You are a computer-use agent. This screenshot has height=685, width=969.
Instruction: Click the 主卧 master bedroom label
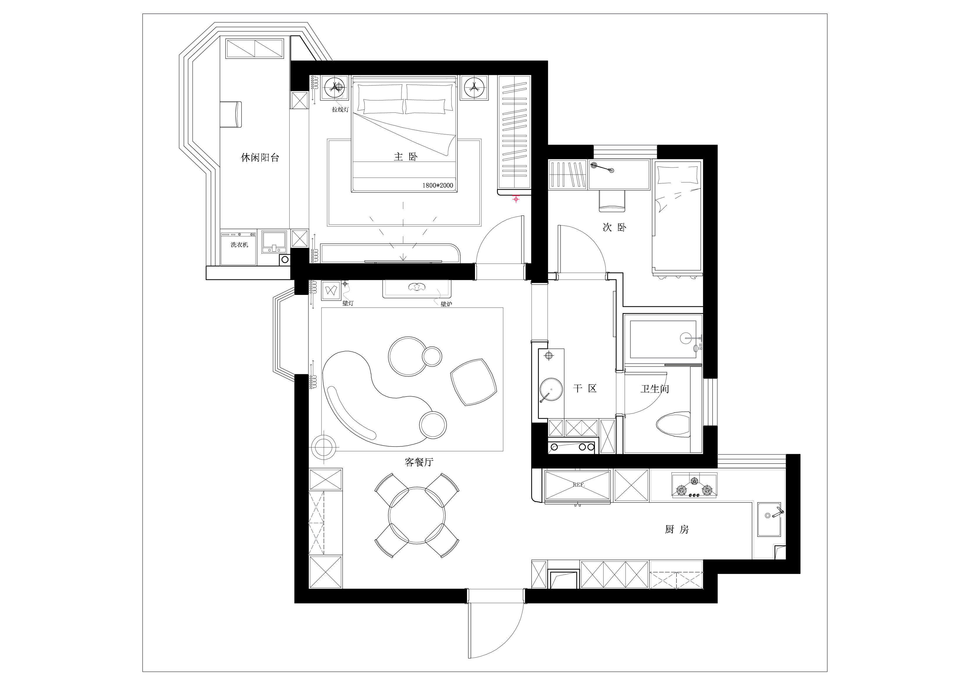point(406,157)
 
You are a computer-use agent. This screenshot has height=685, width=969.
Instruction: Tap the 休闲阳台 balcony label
point(260,158)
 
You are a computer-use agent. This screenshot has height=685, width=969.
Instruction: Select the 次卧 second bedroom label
point(614,228)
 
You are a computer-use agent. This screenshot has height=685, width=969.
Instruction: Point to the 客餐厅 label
point(419,462)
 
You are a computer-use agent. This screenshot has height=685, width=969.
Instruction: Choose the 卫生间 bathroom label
point(654,389)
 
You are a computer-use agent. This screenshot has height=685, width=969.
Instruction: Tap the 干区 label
point(585,388)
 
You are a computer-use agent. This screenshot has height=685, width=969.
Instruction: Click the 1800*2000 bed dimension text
point(438,185)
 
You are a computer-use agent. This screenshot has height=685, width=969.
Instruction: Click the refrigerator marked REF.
point(578,486)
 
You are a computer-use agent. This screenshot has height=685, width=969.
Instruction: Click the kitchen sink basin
point(769,520)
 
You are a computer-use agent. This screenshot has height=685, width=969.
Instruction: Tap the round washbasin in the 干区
point(551,390)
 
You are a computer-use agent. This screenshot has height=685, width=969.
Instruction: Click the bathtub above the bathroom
point(663,339)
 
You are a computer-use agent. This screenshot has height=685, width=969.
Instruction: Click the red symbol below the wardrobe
point(516,198)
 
